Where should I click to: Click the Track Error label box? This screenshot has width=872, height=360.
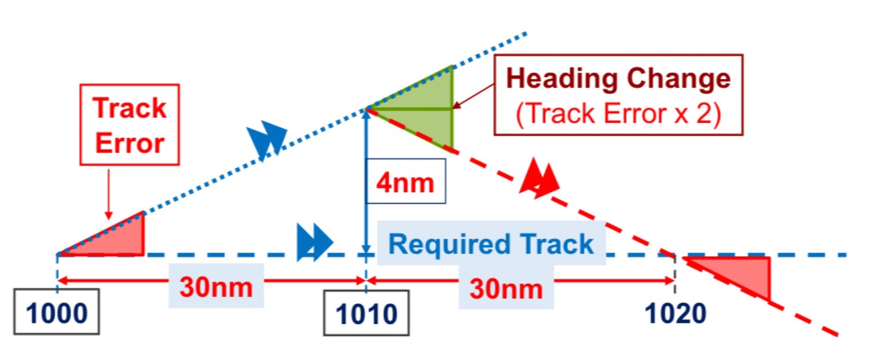pyautogui.click(x=129, y=124)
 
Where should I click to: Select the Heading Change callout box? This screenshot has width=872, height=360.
pyautogui.click(x=618, y=95)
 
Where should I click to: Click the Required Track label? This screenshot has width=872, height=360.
pyautogui.click(x=491, y=244)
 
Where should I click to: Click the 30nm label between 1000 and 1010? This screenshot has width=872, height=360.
pyautogui.click(x=216, y=287)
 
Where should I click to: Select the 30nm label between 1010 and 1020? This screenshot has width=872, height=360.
pyautogui.click(x=507, y=287)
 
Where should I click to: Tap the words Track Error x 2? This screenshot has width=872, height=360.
pyautogui.click(x=618, y=114)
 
